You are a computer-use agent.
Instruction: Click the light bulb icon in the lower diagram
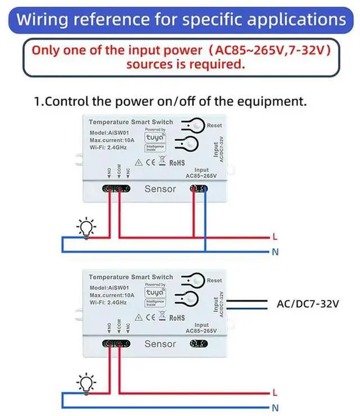pyautogui.click(x=86, y=383)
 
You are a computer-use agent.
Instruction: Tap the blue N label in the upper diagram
pyautogui.click(x=275, y=252)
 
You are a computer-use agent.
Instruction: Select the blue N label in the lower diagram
pyautogui.click(x=275, y=407)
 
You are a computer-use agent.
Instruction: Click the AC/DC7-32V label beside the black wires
pyautogui.click(x=308, y=304)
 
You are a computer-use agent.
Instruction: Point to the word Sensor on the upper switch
pyautogui.click(x=160, y=189)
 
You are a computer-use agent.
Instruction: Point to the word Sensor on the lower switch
pyautogui.click(x=160, y=343)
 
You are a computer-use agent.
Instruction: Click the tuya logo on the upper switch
pyautogui.click(x=155, y=137)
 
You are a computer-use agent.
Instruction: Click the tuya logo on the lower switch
pyautogui.click(x=155, y=293)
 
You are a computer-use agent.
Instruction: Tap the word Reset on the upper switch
pyautogui.click(x=214, y=125)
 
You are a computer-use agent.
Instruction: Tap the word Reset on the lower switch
pyautogui.click(x=214, y=280)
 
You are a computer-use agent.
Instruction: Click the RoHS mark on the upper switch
pyautogui.click(x=177, y=163)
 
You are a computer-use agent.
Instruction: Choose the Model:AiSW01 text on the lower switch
pyautogui.click(x=106, y=288)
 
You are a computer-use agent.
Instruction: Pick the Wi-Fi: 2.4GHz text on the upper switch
pyautogui.click(x=108, y=147)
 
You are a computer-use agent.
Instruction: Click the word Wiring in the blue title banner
pyautogui.click(x=42, y=19)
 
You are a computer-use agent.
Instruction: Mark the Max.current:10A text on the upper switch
pyautogui.click(x=112, y=140)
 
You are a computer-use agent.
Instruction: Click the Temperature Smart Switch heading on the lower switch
pyautogui.click(x=131, y=277)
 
